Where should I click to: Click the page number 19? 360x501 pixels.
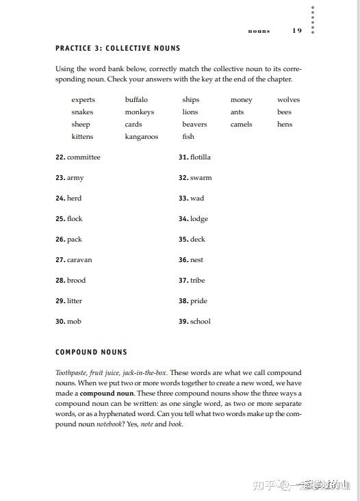point(296,30)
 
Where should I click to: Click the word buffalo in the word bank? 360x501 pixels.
point(136,100)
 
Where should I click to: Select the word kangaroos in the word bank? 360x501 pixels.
point(141,137)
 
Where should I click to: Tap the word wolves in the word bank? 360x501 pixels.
point(288,100)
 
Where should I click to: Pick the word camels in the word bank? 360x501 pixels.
point(241,125)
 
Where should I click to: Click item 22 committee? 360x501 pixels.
point(78,157)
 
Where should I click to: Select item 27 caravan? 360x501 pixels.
point(73,260)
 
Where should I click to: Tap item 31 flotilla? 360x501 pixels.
point(194,157)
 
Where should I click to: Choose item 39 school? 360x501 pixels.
point(194,322)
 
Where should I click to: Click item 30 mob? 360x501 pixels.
point(68,322)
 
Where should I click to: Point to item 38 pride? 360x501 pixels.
point(192,301)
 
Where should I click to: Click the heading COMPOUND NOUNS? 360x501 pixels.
point(91,352)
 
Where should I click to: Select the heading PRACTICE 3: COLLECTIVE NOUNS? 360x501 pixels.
point(118,49)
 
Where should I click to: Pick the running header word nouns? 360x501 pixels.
point(259,31)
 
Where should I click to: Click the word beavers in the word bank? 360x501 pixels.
point(194,125)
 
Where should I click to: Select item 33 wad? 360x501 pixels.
point(191,198)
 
